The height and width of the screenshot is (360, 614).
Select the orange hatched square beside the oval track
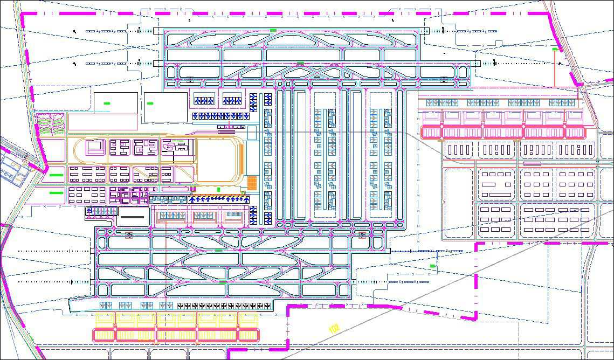point(252,181)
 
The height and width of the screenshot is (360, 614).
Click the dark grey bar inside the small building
point(133,217)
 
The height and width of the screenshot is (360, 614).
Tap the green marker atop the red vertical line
point(555,50)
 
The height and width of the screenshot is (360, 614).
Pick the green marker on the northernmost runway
point(273,30)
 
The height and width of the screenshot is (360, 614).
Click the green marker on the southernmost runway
point(223,282)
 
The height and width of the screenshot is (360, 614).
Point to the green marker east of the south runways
point(432,266)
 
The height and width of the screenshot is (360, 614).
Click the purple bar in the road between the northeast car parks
point(532,163)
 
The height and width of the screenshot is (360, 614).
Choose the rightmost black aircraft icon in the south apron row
point(268,306)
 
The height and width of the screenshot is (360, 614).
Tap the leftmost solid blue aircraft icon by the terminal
point(193,199)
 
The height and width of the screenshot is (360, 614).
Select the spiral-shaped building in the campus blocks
point(168,146)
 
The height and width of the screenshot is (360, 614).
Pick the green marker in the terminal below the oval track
point(218,189)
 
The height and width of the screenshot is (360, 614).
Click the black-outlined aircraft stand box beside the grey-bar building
point(101,211)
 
